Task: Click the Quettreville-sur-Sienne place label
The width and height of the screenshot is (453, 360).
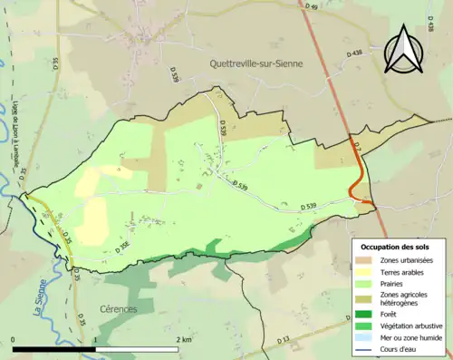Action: (x=255, y=63)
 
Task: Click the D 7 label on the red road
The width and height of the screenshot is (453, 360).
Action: (x=357, y=145)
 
